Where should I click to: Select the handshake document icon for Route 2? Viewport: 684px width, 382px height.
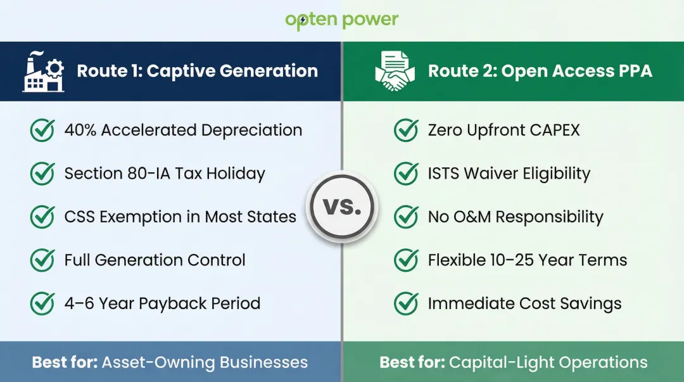(395, 72)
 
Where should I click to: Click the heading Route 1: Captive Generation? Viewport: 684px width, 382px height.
(197, 71)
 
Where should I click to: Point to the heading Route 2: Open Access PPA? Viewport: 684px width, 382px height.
(540, 71)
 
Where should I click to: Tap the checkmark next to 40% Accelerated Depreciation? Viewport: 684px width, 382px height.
(42, 131)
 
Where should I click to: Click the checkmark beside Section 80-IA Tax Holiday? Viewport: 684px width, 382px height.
(42, 174)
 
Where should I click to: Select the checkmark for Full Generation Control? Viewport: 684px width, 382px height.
(42, 260)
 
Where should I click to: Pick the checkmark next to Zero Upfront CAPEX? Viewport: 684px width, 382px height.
(406, 131)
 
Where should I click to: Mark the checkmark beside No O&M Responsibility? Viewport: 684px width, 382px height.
(406, 217)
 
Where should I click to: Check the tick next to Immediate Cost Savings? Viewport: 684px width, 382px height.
(406, 303)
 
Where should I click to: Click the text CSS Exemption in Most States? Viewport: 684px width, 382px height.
(180, 217)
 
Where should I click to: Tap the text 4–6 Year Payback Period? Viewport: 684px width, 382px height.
(162, 303)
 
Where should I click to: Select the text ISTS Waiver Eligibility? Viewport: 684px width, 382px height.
(509, 174)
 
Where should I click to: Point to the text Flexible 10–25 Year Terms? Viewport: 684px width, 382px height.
(527, 260)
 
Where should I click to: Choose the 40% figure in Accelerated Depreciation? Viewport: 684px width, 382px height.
(80, 131)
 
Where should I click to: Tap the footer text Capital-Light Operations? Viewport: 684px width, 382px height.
(548, 363)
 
